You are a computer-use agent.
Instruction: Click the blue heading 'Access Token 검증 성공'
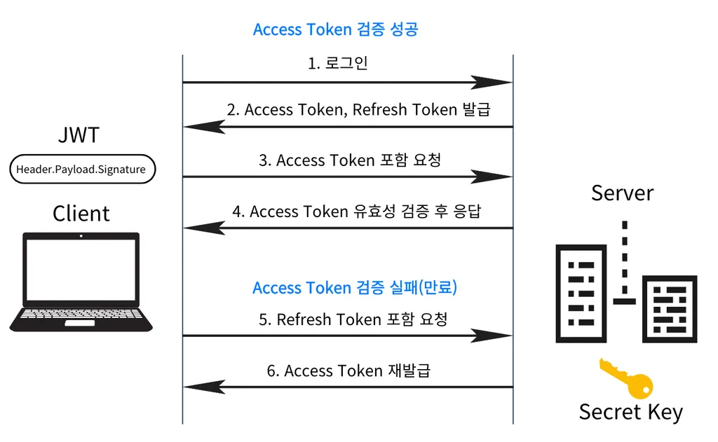[x=335, y=29]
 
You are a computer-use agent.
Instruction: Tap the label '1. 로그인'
[x=338, y=63]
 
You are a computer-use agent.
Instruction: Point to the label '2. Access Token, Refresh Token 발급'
[x=358, y=109]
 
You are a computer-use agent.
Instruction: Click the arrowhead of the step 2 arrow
[x=203, y=127]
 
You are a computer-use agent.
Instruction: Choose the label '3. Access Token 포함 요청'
[x=349, y=160]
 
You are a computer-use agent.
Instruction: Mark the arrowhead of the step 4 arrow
[x=203, y=228]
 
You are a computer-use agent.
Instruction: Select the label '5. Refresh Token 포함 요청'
[x=353, y=319]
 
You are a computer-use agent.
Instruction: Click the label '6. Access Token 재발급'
[x=348, y=370]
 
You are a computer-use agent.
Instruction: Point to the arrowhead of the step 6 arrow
[x=203, y=387]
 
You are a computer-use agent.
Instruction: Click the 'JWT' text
[x=79, y=134]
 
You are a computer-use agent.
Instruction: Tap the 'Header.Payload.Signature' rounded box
[x=81, y=170]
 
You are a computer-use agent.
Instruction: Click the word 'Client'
[x=81, y=213]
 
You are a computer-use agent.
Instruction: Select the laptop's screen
[x=81, y=269]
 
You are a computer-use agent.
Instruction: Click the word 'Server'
[x=622, y=193]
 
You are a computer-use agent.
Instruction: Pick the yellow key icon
[x=625, y=378]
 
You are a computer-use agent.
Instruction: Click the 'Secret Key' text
[x=630, y=412]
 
